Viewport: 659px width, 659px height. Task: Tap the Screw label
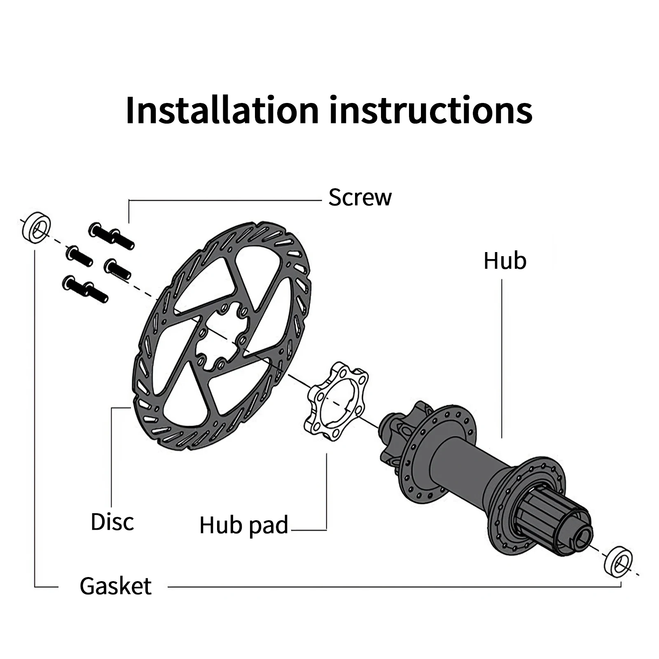click(x=360, y=197)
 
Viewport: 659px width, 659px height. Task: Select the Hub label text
click(x=505, y=261)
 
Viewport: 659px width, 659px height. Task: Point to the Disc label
click(x=112, y=522)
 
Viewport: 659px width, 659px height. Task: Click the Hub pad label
click(x=243, y=525)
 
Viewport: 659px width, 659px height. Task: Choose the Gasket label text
click(x=116, y=586)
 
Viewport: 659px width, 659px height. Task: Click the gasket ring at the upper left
click(x=36, y=227)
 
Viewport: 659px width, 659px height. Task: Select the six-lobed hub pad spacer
click(x=336, y=399)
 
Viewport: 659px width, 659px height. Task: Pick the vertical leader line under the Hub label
click(x=502, y=358)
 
